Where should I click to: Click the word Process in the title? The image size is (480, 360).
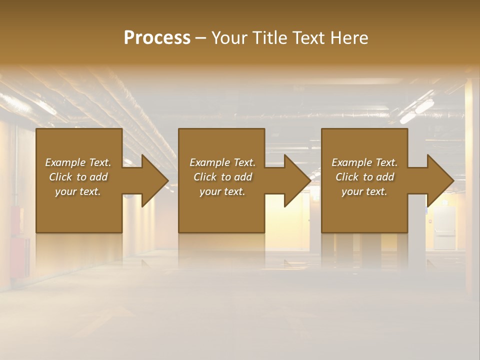click(x=157, y=38)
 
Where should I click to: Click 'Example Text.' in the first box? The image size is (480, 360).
click(x=78, y=162)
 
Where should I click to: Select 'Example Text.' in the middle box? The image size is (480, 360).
click(x=222, y=162)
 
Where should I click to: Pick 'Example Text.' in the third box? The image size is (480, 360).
click(x=364, y=162)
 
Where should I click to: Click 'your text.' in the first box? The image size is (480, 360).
click(x=78, y=191)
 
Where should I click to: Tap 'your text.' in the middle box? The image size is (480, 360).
click(x=222, y=191)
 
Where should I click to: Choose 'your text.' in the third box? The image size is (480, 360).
click(x=364, y=191)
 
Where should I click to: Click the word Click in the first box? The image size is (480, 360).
click(x=61, y=177)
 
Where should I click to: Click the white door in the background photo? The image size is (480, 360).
click(x=444, y=227)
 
